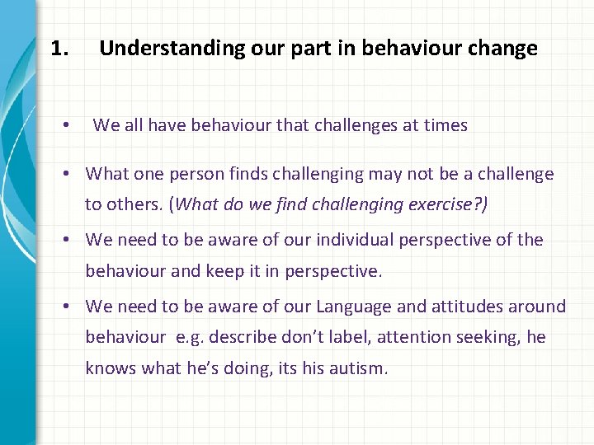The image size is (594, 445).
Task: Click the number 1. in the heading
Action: pyautogui.click(x=59, y=49)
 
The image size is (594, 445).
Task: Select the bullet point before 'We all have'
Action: pyautogui.click(x=65, y=126)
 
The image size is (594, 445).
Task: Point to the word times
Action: pyautogui.click(x=445, y=125)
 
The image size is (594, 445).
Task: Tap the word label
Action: pyautogui.click(x=342, y=337)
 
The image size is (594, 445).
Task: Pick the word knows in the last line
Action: pyautogui.click(x=111, y=368)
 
